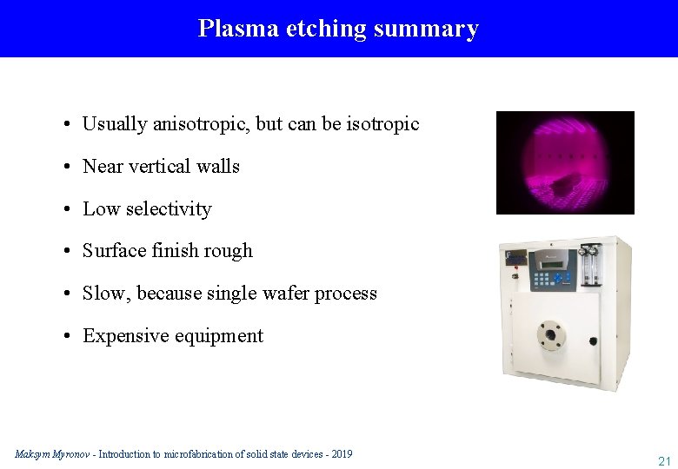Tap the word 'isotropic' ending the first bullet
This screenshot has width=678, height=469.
point(382,124)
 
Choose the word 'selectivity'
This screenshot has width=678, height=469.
point(169,209)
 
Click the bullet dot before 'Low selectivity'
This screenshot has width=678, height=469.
point(67,209)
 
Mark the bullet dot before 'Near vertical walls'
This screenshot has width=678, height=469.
point(67,167)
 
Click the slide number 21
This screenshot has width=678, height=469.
point(664,460)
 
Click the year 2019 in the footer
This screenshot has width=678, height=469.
point(342,454)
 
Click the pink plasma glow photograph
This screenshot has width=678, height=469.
point(565,162)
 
